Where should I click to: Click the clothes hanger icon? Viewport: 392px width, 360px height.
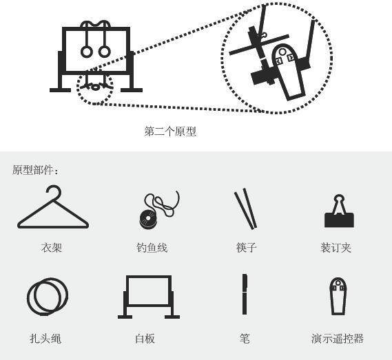click(53, 226)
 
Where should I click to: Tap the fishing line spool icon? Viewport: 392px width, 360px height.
click(148, 218)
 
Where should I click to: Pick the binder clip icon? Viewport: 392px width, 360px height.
click(339, 220)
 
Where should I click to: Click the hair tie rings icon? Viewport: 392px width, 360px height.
click(28, 297)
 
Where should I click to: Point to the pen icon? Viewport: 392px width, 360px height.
click(245, 295)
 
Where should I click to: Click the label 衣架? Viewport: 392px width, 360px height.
click(52, 248)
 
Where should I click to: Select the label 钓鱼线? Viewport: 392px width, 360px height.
click(152, 248)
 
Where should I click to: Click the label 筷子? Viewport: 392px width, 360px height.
click(247, 248)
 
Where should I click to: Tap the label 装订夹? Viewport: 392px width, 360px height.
click(336, 248)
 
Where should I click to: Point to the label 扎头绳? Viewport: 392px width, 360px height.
click(45, 339)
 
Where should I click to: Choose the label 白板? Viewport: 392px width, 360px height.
click(145, 339)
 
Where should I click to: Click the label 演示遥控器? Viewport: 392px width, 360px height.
click(338, 339)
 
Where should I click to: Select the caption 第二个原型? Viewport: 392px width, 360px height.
click(170, 131)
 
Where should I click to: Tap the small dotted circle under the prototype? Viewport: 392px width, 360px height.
click(78, 87)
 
